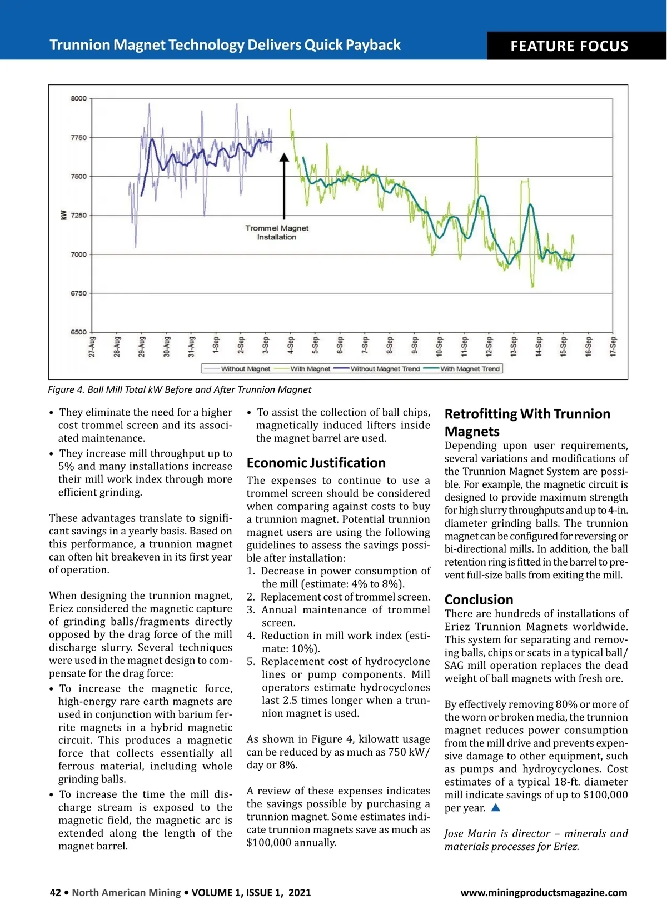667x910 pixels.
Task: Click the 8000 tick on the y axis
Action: click(78, 99)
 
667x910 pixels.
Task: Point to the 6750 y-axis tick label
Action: click(78, 293)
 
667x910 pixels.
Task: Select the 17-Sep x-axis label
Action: click(613, 346)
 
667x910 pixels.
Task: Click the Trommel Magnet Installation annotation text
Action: click(277, 232)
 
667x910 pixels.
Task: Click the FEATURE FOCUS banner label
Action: click(569, 46)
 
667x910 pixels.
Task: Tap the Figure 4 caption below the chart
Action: click(179, 389)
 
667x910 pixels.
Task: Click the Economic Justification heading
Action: click(316, 463)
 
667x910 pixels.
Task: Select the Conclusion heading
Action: click(479, 599)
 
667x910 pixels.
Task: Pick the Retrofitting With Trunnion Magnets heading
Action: click(527, 422)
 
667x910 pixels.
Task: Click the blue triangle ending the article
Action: click(496, 808)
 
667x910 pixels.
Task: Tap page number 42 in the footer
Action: click(55, 893)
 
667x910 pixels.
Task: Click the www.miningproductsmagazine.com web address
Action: click(543, 893)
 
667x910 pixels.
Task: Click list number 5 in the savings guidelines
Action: click(251, 662)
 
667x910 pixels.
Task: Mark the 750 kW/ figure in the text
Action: click(410, 752)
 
